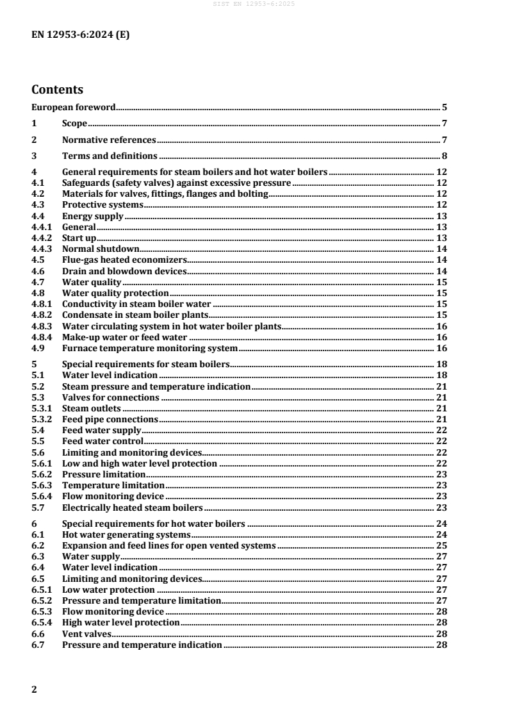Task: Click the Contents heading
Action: [58, 90]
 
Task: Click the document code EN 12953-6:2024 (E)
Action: [81, 36]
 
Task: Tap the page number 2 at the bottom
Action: [35, 690]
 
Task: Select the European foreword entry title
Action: [73, 108]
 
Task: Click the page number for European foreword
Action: [444, 108]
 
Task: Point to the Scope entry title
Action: [74, 124]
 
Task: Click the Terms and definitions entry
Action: [109, 156]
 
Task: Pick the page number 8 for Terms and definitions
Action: [444, 156]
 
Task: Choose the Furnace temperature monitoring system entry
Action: [149, 348]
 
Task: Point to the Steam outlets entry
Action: [92, 408]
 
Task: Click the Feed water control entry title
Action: [102, 441]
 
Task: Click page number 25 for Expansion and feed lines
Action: [441, 545]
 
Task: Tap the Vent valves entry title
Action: [83, 633]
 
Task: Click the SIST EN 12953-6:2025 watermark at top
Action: [254, 4]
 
